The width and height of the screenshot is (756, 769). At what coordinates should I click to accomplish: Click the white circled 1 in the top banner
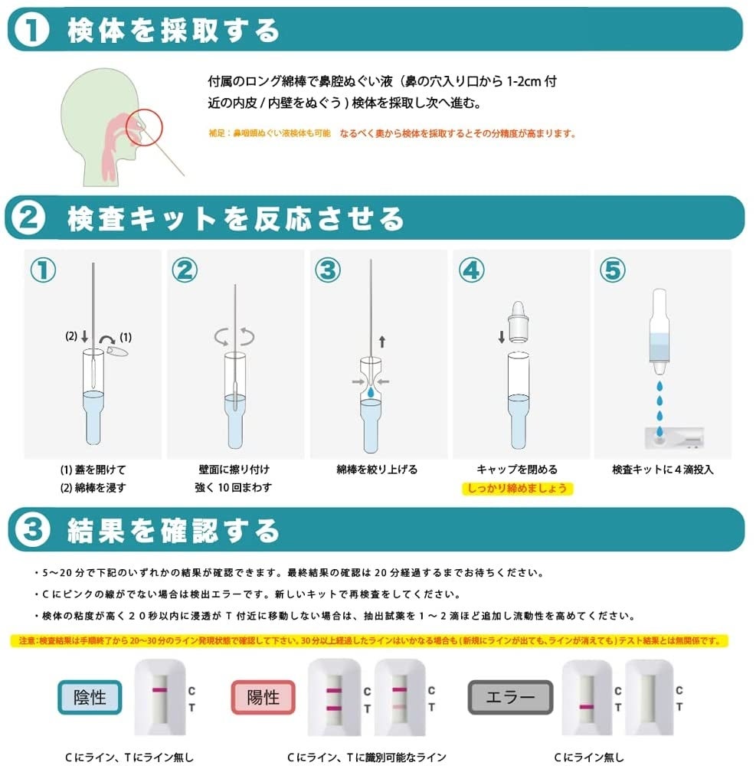click(x=31, y=29)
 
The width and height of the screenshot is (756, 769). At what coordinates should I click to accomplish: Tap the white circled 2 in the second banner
click(x=28, y=218)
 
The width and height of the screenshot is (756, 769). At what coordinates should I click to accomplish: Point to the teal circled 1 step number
click(x=43, y=270)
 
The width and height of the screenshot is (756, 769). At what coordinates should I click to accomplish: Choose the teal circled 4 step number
click(x=472, y=270)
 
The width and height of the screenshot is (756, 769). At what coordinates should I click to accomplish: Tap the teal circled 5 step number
click(x=613, y=270)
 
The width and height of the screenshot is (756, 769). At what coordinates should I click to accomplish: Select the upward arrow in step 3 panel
click(x=382, y=342)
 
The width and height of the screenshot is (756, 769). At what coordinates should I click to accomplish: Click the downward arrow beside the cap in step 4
click(x=502, y=337)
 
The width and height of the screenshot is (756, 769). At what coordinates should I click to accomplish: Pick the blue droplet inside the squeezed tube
click(x=371, y=392)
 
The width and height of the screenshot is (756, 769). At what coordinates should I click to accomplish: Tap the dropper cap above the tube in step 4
click(x=518, y=322)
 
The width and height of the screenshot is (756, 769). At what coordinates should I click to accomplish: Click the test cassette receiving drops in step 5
click(x=675, y=437)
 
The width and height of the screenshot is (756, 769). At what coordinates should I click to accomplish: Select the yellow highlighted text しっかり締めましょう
click(x=518, y=489)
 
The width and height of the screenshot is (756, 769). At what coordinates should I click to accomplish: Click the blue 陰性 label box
click(x=90, y=697)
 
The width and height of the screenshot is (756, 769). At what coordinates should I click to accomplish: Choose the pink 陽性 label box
click(x=263, y=697)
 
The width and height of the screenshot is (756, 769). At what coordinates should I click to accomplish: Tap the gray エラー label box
click(x=511, y=697)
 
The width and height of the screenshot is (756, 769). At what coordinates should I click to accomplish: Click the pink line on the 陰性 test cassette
click(x=159, y=690)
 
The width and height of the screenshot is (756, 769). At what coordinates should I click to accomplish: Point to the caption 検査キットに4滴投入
click(x=663, y=470)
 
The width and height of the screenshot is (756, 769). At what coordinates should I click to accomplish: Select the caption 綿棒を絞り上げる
click(x=377, y=470)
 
